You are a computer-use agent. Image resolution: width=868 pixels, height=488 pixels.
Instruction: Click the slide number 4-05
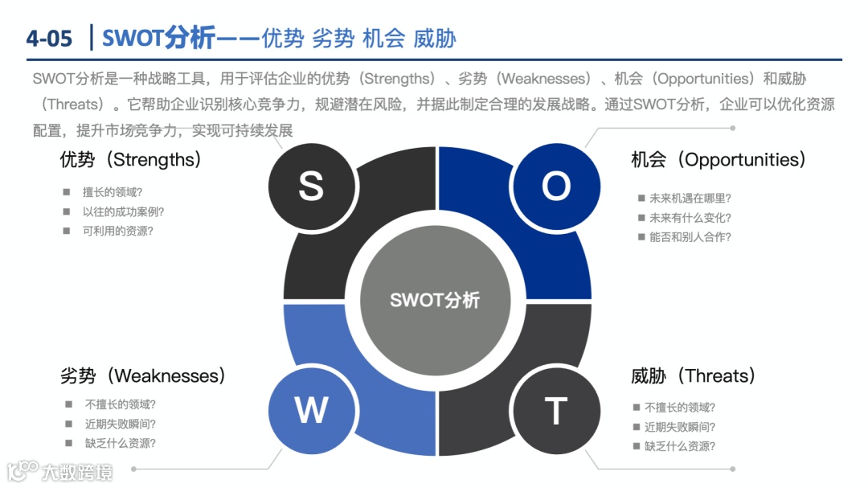[x=49, y=38]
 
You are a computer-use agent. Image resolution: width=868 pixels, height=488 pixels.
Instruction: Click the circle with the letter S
[x=311, y=187]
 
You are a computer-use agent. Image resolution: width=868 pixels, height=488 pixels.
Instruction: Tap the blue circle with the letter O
[x=555, y=187]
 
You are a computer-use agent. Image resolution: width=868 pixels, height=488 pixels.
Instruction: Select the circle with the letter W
[x=311, y=411]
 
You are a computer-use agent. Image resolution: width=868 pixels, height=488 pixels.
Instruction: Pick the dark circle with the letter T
[x=555, y=411]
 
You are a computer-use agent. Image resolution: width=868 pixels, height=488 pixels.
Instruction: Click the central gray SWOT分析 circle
[x=435, y=300]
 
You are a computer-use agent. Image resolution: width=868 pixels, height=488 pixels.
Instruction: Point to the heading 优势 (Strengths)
[x=131, y=159]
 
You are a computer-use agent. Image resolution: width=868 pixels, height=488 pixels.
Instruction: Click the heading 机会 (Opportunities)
[x=719, y=159]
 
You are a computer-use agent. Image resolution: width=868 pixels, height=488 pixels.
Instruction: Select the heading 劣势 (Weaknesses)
[x=143, y=375]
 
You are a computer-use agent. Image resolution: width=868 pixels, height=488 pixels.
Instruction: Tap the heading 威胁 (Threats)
[x=694, y=375]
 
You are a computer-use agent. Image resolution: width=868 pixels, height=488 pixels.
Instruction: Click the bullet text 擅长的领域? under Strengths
[x=113, y=192]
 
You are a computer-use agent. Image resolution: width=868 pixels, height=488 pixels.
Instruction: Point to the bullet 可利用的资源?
[x=117, y=231]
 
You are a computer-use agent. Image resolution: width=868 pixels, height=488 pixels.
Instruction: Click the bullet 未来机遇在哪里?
[x=690, y=198]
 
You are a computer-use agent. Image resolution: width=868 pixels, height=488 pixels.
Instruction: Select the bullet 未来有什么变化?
[x=690, y=217]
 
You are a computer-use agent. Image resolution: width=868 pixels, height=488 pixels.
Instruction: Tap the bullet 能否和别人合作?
[x=690, y=236]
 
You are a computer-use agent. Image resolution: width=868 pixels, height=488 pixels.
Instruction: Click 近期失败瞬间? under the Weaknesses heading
[x=121, y=424]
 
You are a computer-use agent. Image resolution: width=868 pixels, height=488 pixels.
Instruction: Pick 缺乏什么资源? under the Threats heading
[x=680, y=446]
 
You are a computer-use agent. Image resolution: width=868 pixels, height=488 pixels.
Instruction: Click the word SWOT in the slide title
[x=133, y=38]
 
